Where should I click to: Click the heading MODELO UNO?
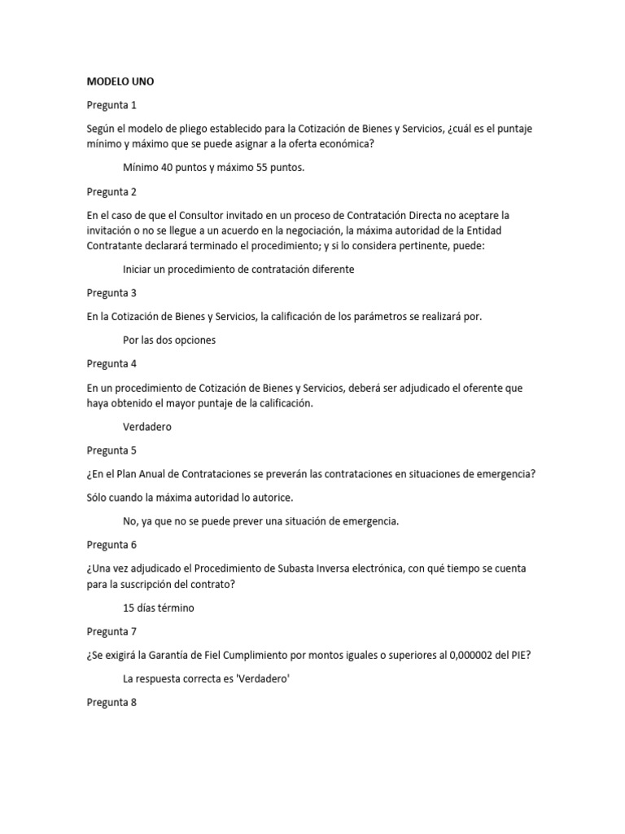point(120,81)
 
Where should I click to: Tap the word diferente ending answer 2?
point(330,269)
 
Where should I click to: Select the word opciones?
point(194,340)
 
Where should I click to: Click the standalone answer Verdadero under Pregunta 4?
point(147,426)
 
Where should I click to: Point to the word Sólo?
point(98,497)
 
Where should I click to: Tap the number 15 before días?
point(129,608)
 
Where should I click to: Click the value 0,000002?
point(460,655)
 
